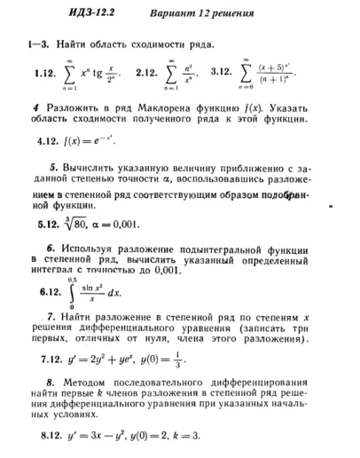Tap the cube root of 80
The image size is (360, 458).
(x=82, y=225)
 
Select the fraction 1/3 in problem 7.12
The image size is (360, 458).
(x=203, y=360)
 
